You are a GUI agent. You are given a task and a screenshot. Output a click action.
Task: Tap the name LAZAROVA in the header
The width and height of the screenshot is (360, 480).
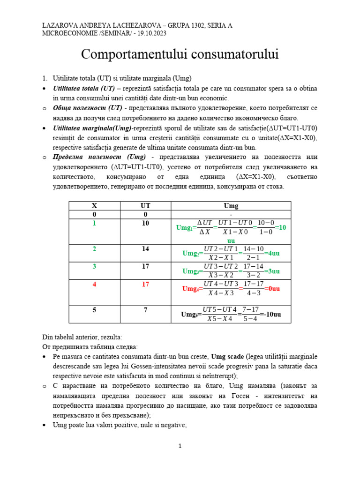[60, 25]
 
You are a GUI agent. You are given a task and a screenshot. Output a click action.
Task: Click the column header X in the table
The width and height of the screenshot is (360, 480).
[94, 206]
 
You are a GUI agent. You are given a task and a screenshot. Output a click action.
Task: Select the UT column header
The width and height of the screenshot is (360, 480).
[145, 206]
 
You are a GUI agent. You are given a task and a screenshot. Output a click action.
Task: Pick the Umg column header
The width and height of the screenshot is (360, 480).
[231, 206]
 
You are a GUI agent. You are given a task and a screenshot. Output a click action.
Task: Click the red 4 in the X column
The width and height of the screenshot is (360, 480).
[94, 284]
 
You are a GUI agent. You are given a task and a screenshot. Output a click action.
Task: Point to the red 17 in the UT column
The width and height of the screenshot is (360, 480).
[145, 284]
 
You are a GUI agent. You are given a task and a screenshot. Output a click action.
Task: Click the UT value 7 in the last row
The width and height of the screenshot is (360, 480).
[145, 310]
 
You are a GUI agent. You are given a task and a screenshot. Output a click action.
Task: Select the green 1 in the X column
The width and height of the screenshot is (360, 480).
[94, 224]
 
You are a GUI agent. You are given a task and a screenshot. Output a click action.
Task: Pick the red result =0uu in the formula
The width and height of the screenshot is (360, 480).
[270, 289]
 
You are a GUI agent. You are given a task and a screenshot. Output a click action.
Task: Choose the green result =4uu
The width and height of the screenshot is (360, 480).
[272, 254]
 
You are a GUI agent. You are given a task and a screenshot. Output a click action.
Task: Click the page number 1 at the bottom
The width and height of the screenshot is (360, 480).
[180, 447]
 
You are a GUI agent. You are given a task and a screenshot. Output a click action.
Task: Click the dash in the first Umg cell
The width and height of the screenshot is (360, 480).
[231, 215]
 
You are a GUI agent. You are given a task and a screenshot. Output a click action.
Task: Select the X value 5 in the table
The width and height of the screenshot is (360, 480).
[94, 310]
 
